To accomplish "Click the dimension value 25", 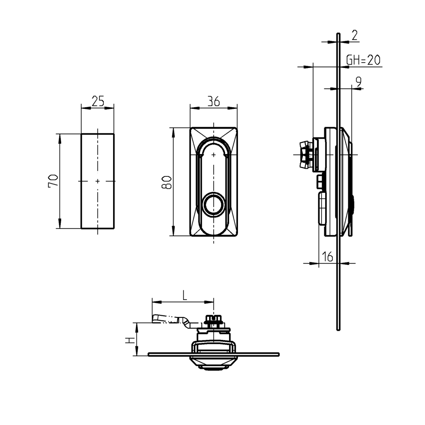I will tap(98, 101).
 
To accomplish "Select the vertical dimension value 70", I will tap(52, 181).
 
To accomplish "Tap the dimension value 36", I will tap(213, 101).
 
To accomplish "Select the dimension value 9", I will tap(358, 82).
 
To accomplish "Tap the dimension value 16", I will tap(327, 257).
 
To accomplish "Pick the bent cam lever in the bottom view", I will tap(172, 319).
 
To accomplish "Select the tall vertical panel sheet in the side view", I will tap(337, 289).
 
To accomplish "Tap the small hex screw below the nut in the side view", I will tap(320, 182).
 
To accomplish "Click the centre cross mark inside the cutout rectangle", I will tap(98, 181).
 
